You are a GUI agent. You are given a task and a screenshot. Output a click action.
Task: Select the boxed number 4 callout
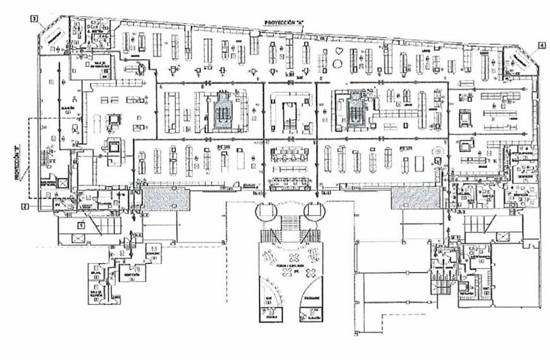coord(541,45)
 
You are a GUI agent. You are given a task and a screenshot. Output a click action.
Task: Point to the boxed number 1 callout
coord(82,223)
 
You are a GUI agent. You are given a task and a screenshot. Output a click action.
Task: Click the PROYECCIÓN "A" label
coord(284,22)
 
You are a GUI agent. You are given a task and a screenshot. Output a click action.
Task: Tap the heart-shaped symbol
coord(341,50)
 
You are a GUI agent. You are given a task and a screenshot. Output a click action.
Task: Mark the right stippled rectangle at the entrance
coord(415,199)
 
